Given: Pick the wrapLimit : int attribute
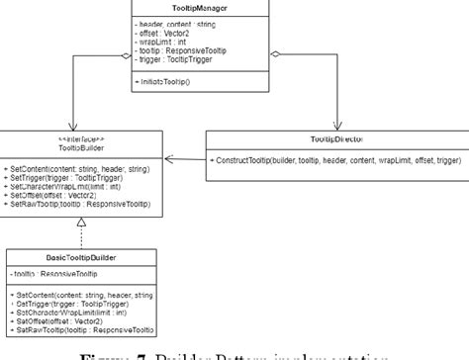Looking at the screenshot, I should click(158, 42).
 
